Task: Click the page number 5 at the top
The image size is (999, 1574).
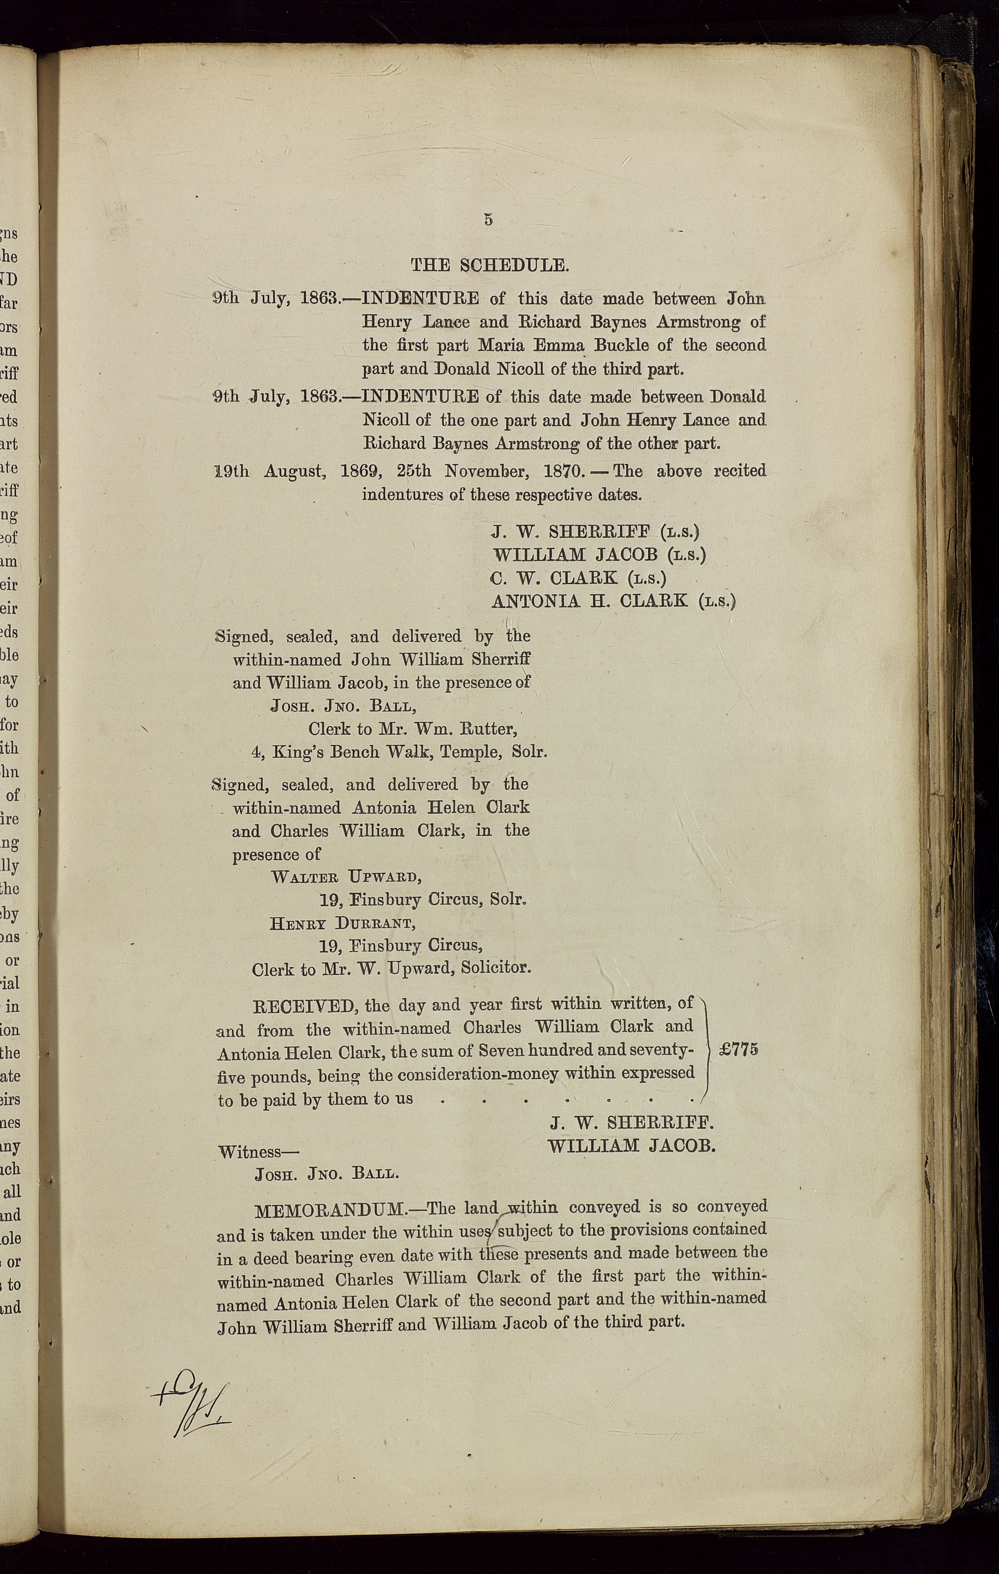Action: click(488, 220)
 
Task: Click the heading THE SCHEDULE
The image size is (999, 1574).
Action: click(490, 265)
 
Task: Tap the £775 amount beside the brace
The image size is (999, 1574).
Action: click(738, 1049)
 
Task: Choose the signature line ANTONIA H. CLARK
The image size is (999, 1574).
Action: click(590, 601)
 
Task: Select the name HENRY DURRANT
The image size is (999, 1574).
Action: click(342, 923)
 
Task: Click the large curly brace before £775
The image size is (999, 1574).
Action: click(707, 1050)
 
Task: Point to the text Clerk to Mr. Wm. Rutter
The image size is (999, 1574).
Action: click(413, 729)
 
